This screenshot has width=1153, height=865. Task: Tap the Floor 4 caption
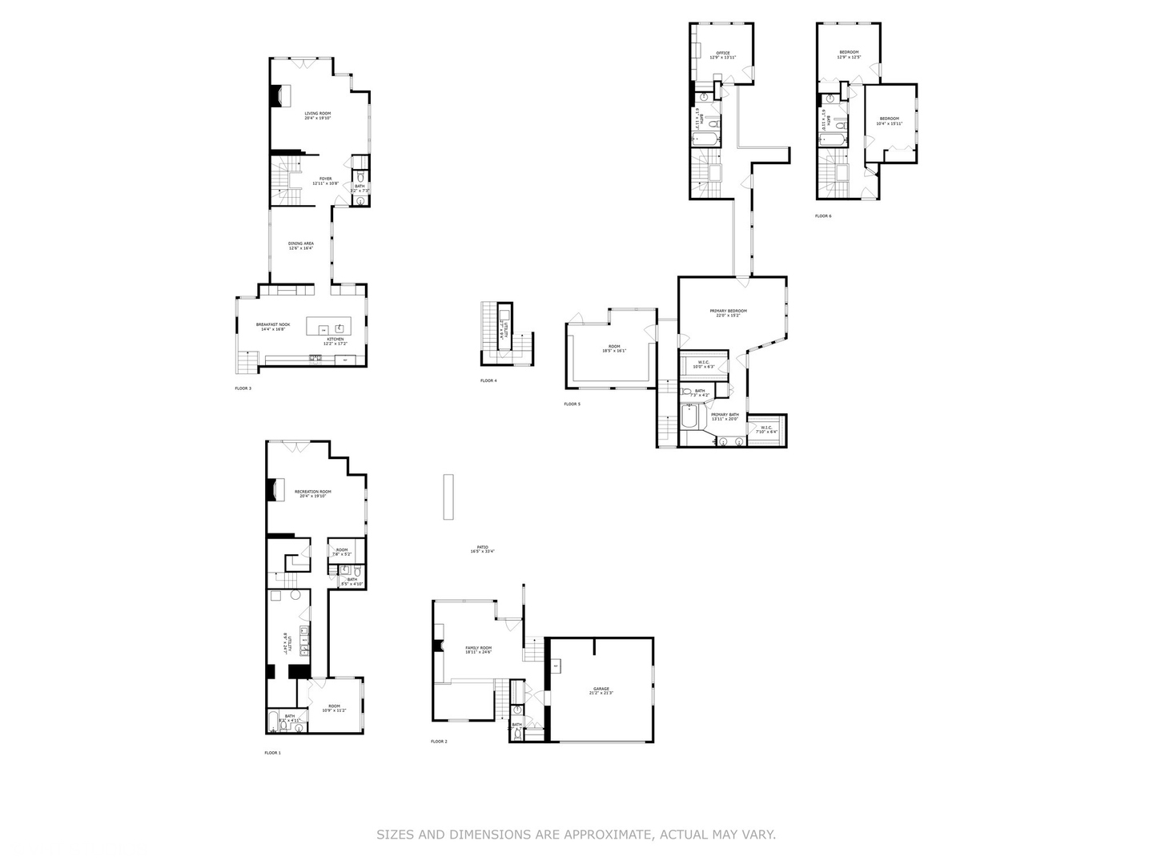(x=488, y=380)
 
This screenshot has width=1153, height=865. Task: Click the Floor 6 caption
(x=823, y=215)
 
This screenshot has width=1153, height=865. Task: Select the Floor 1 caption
(x=272, y=753)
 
